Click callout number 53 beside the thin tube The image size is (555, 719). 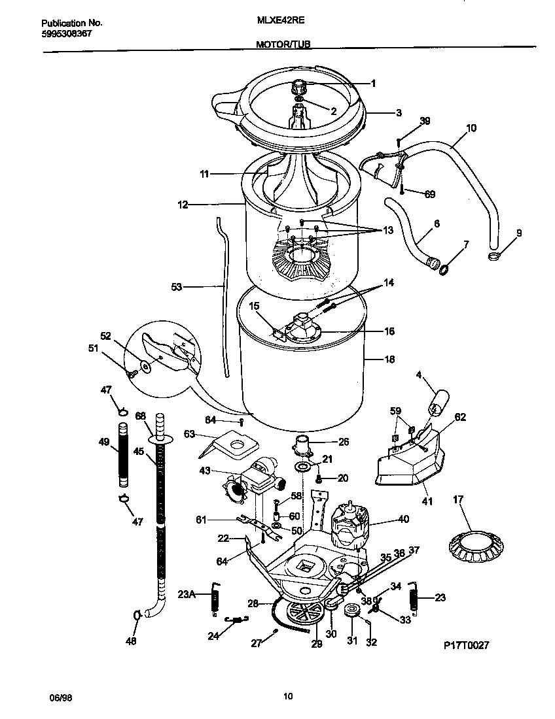point(177,286)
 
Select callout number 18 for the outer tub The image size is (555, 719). point(390,359)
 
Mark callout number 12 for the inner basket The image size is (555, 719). point(182,205)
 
